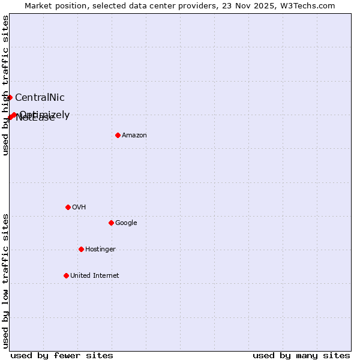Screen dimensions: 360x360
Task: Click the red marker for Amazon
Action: [118, 135]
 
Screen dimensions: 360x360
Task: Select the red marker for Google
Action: [111, 223]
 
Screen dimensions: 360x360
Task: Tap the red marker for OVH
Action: [68, 207]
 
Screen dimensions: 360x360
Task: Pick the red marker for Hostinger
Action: [81, 249]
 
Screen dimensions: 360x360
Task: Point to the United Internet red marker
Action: [66, 275]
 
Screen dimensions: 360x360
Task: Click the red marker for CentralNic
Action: [10, 97]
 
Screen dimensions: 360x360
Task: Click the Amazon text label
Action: [134, 136]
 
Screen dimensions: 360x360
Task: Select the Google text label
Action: [126, 223]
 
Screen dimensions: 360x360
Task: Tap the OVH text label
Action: [79, 208]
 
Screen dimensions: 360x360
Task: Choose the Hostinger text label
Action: [100, 250]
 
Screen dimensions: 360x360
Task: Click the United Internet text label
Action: [94, 276]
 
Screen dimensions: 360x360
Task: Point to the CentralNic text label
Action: [40, 98]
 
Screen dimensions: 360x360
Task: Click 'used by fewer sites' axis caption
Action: [62, 356]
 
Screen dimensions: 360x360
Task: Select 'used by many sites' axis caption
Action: [301, 356]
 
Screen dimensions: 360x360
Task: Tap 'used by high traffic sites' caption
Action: [5, 85]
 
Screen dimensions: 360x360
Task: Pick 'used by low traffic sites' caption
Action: [5, 281]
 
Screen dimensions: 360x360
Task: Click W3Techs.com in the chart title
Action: [310, 5]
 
